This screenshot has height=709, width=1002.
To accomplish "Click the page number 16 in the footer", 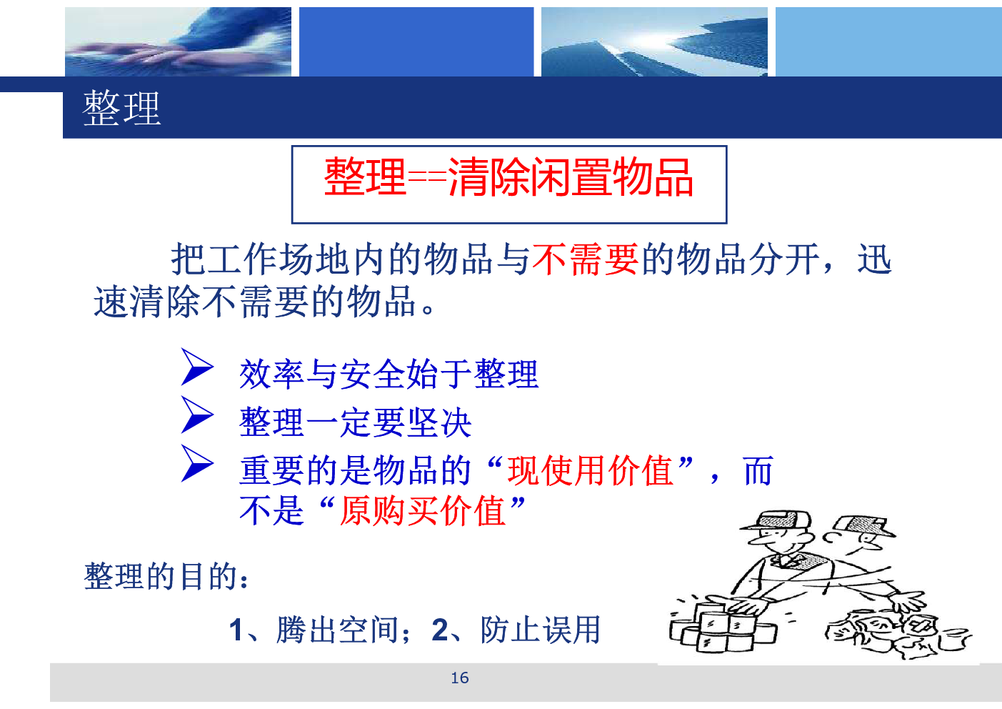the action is pyautogui.click(x=459, y=678).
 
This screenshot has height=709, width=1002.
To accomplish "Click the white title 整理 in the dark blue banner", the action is pyautogui.click(x=121, y=108).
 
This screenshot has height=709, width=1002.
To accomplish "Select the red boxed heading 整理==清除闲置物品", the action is pyautogui.click(x=508, y=177).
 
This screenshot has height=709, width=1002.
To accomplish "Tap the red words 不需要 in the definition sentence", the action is pyautogui.click(x=585, y=259).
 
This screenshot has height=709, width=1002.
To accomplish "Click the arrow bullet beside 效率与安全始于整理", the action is pyautogui.click(x=197, y=367).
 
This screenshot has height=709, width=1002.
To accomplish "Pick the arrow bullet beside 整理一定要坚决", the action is pyautogui.click(x=197, y=415).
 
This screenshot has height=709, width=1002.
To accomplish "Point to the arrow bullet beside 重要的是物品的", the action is pyautogui.click(x=197, y=463).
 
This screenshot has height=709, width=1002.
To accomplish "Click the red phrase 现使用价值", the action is pyautogui.click(x=591, y=470).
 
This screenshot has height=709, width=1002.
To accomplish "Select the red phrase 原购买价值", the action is pyautogui.click(x=423, y=511).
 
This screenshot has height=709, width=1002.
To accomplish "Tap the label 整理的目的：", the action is pyautogui.click(x=166, y=576).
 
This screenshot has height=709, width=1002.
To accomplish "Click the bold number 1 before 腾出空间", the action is pyautogui.click(x=236, y=630).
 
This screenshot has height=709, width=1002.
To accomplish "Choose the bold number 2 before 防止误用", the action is pyautogui.click(x=440, y=630).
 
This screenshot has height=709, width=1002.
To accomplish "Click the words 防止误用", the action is pyautogui.click(x=540, y=630).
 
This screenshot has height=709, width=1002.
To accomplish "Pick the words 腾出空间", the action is pyautogui.click(x=337, y=630).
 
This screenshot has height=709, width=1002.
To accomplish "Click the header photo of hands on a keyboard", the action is pyautogui.click(x=178, y=41).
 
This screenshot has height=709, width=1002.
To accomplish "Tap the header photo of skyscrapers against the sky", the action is pyautogui.click(x=654, y=41).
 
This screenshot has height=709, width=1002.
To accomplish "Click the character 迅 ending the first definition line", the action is pyautogui.click(x=874, y=259).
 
